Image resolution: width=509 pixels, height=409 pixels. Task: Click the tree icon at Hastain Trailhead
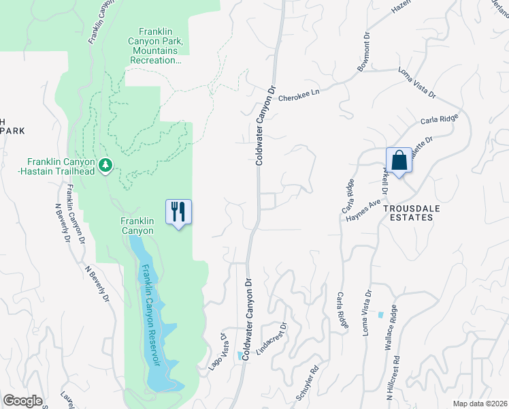105,166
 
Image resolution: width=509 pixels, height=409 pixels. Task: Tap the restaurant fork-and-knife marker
179,211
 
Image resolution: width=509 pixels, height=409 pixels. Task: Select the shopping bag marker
399,161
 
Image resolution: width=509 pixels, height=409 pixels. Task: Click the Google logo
22,401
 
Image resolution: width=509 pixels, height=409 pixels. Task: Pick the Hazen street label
401,8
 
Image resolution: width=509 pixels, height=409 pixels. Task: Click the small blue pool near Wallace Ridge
380,316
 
